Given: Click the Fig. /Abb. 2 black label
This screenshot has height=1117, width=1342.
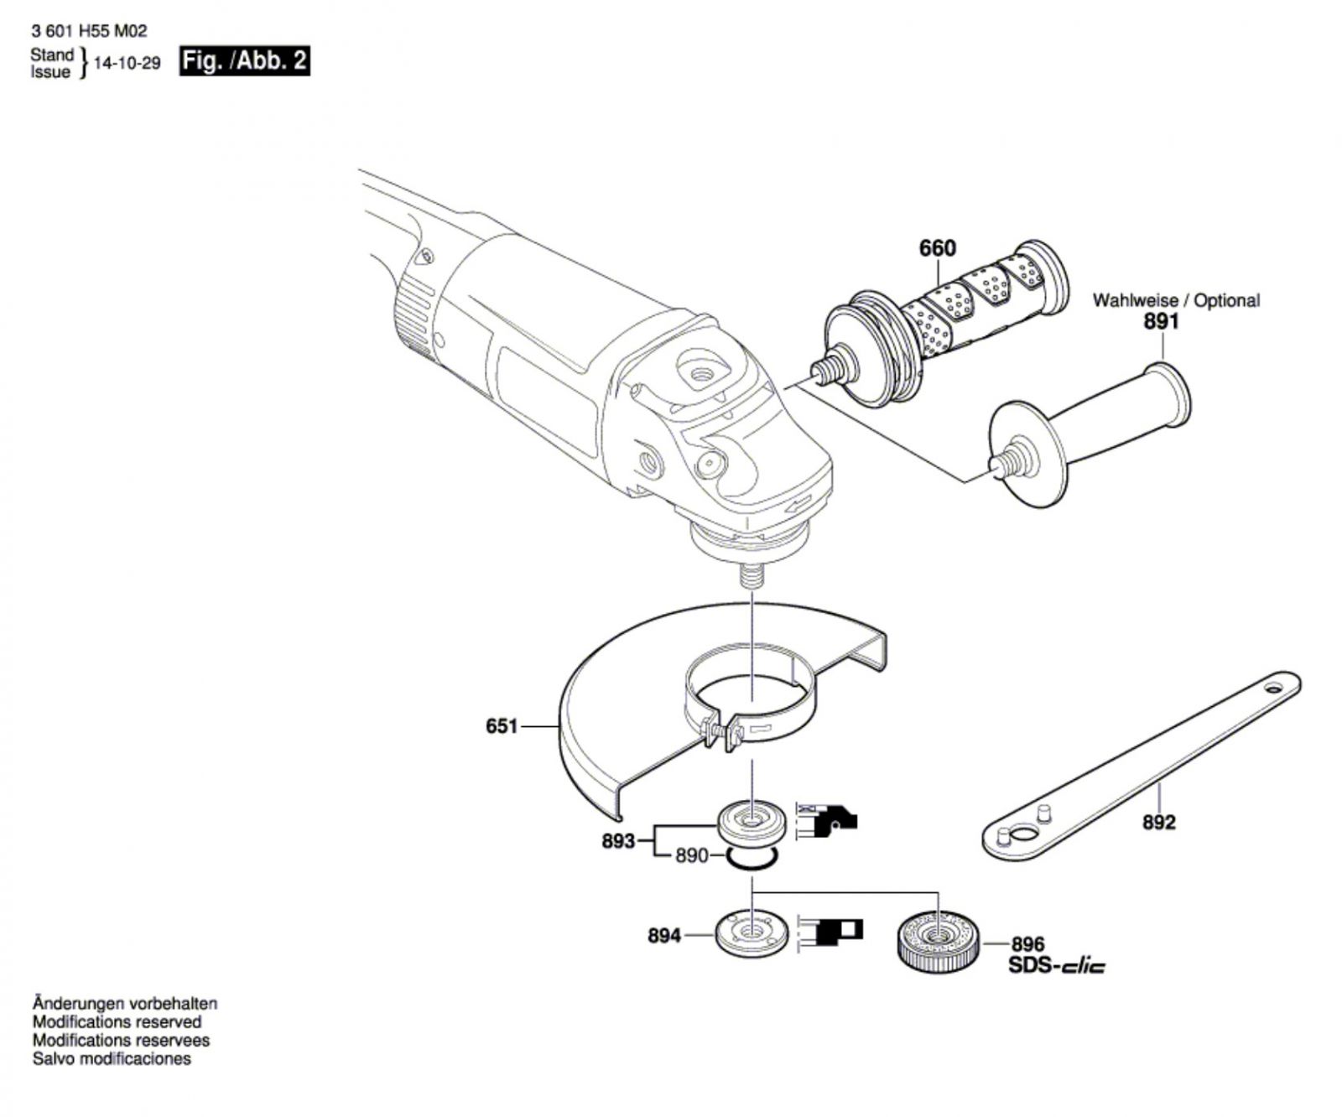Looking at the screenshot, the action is [x=245, y=61].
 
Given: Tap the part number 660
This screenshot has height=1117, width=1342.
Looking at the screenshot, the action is [x=937, y=248].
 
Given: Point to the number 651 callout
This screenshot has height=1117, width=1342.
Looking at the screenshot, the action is [x=502, y=725].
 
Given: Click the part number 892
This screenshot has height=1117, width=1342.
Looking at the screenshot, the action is [x=1158, y=823].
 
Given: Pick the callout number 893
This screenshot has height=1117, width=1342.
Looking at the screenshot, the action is [x=618, y=840].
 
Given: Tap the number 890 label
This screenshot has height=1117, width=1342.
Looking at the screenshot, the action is [x=692, y=856].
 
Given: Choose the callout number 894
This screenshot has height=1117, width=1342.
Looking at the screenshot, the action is [x=664, y=935].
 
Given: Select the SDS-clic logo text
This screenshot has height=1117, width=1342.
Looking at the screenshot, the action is [x=1056, y=966].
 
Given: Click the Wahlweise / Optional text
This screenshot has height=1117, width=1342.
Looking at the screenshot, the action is [x=1175, y=300].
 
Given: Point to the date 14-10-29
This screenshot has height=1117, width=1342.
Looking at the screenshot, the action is [x=127, y=64].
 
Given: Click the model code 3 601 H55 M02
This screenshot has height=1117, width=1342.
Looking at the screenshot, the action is [x=89, y=31].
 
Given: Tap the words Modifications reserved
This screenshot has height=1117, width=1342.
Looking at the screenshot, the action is [x=117, y=1022].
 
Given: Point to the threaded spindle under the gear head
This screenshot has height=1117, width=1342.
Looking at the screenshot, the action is [x=752, y=576].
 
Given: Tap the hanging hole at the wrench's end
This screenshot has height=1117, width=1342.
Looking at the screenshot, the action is [x=1275, y=688].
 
